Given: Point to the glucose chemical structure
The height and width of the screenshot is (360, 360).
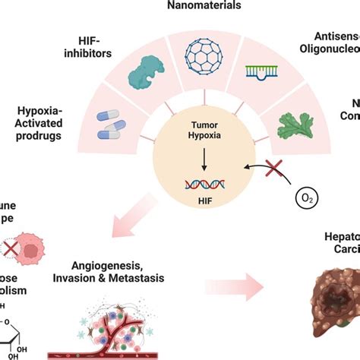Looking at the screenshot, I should pyautogui.click(x=17, y=335).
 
